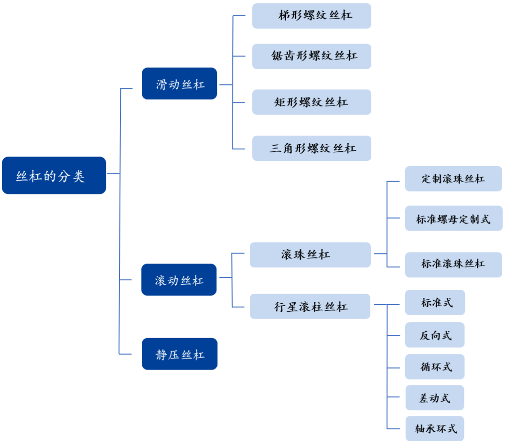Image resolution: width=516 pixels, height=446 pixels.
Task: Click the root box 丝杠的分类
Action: coord(54,175)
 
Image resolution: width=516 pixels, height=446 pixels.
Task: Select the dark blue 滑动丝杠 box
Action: coord(179,84)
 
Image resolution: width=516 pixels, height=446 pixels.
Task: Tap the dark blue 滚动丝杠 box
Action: coord(179,279)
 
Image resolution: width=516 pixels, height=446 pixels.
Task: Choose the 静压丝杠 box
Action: coord(180,354)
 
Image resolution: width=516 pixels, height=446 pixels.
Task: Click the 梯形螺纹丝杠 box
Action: coord(312,16)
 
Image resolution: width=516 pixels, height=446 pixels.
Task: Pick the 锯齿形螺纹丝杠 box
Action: coord(312,56)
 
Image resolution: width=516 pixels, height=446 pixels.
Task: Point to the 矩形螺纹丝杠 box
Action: coord(312,102)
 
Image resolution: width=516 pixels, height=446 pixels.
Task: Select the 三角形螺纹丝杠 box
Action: coord(312,148)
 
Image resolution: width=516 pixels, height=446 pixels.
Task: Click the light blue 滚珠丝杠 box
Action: coord(310,255)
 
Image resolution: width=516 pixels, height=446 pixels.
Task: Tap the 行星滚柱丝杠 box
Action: coord(310,306)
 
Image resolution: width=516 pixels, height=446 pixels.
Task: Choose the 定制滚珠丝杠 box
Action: coord(453,179)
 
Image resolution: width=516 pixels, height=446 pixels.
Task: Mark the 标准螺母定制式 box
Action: coord(453,218)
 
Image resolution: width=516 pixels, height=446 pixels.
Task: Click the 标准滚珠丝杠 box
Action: coord(453,265)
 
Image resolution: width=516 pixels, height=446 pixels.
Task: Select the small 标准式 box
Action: coord(435,302)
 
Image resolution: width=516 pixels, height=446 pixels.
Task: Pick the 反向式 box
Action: coord(435,335)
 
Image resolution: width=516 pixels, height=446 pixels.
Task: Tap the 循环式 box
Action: coord(435,367)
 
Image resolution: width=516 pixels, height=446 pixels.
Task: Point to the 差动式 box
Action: coord(435,398)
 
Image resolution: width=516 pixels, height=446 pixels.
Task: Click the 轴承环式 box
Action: coord(435,428)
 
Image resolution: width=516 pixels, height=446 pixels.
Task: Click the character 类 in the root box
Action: coord(79,177)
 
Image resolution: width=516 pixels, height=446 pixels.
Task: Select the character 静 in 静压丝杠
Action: coord(161,355)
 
